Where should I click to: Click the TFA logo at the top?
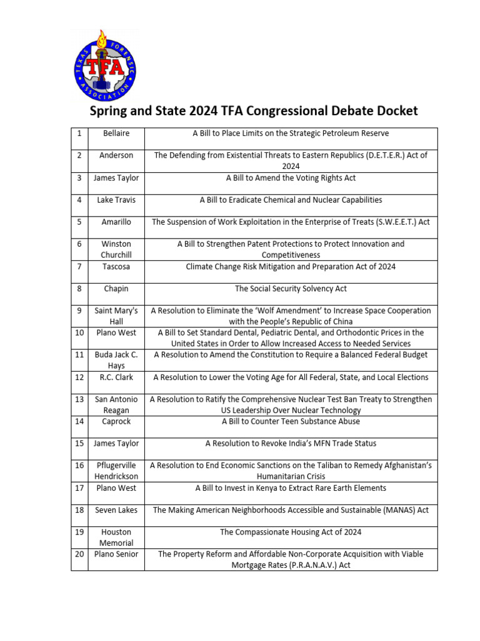pyautogui.click(x=105, y=66)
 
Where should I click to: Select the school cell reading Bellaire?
pyautogui.click(x=116, y=133)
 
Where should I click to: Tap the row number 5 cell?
pyautogui.click(x=79, y=222)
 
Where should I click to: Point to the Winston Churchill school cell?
pyautogui.click(x=116, y=249)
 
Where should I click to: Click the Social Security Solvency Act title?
pyautogui.click(x=291, y=289)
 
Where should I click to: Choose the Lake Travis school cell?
pyautogui.click(x=116, y=200)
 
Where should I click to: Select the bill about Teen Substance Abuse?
pyautogui.click(x=291, y=421)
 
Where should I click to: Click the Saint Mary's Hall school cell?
pyautogui.click(x=116, y=316)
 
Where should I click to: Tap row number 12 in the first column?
pyautogui.click(x=79, y=377)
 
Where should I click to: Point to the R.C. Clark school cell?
pyautogui.click(x=116, y=377)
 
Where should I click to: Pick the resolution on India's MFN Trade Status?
pyautogui.click(x=291, y=444)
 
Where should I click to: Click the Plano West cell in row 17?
pyautogui.click(x=116, y=488)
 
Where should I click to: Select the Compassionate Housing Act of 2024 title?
pyautogui.click(x=291, y=532)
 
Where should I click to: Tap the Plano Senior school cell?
pyautogui.click(x=116, y=554)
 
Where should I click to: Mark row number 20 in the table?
pyautogui.click(x=79, y=554)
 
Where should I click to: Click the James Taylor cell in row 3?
pyautogui.click(x=116, y=178)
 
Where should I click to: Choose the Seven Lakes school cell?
pyautogui.click(x=116, y=510)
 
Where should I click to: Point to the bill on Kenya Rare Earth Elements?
pyautogui.click(x=291, y=488)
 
